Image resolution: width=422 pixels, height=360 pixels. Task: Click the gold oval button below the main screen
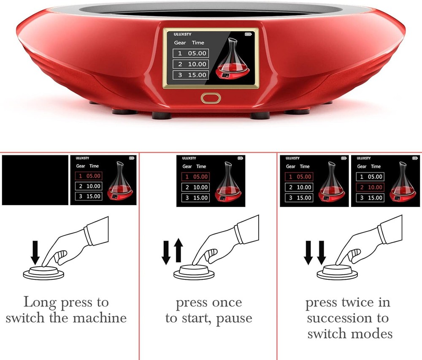click(211, 98)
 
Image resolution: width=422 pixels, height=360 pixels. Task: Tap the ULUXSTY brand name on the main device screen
click(182, 34)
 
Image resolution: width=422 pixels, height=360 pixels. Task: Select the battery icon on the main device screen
click(248, 34)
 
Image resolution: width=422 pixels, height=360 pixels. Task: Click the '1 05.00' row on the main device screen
click(191, 53)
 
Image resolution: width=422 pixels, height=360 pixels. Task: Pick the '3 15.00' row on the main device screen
click(191, 75)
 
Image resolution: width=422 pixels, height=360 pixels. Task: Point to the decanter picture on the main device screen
click(233, 59)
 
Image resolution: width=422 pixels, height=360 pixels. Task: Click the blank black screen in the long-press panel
click(35, 180)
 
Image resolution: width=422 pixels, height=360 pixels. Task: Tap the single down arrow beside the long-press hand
click(35, 253)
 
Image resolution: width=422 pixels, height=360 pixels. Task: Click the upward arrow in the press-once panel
click(178, 250)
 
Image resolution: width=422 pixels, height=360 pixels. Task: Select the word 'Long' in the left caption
click(40, 302)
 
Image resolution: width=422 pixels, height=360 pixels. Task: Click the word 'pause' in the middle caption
click(234, 318)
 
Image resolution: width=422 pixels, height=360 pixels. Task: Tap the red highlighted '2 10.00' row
click(370, 187)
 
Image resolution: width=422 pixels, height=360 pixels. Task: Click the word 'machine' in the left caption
click(100, 318)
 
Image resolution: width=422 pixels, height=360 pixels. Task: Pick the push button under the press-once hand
click(194, 272)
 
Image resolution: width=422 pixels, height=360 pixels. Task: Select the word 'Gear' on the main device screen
click(180, 43)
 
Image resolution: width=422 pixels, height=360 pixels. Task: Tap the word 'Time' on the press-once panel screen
click(201, 166)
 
